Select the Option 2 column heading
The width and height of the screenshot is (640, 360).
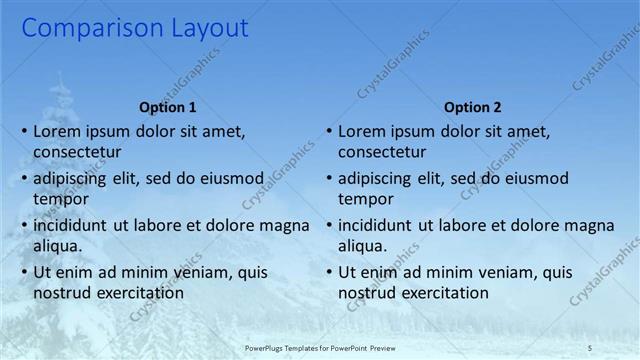click(x=472, y=107)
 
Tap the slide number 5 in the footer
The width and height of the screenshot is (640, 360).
click(x=590, y=347)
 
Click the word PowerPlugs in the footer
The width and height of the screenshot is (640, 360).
click(x=272, y=347)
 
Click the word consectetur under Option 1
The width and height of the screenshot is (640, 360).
click(x=78, y=152)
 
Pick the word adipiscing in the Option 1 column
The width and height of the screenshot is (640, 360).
click(x=73, y=179)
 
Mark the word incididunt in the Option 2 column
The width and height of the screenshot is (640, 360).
click(x=380, y=226)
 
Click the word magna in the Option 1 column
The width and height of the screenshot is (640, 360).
click(x=287, y=226)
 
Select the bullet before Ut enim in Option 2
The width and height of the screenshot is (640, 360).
click(x=329, y=273)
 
